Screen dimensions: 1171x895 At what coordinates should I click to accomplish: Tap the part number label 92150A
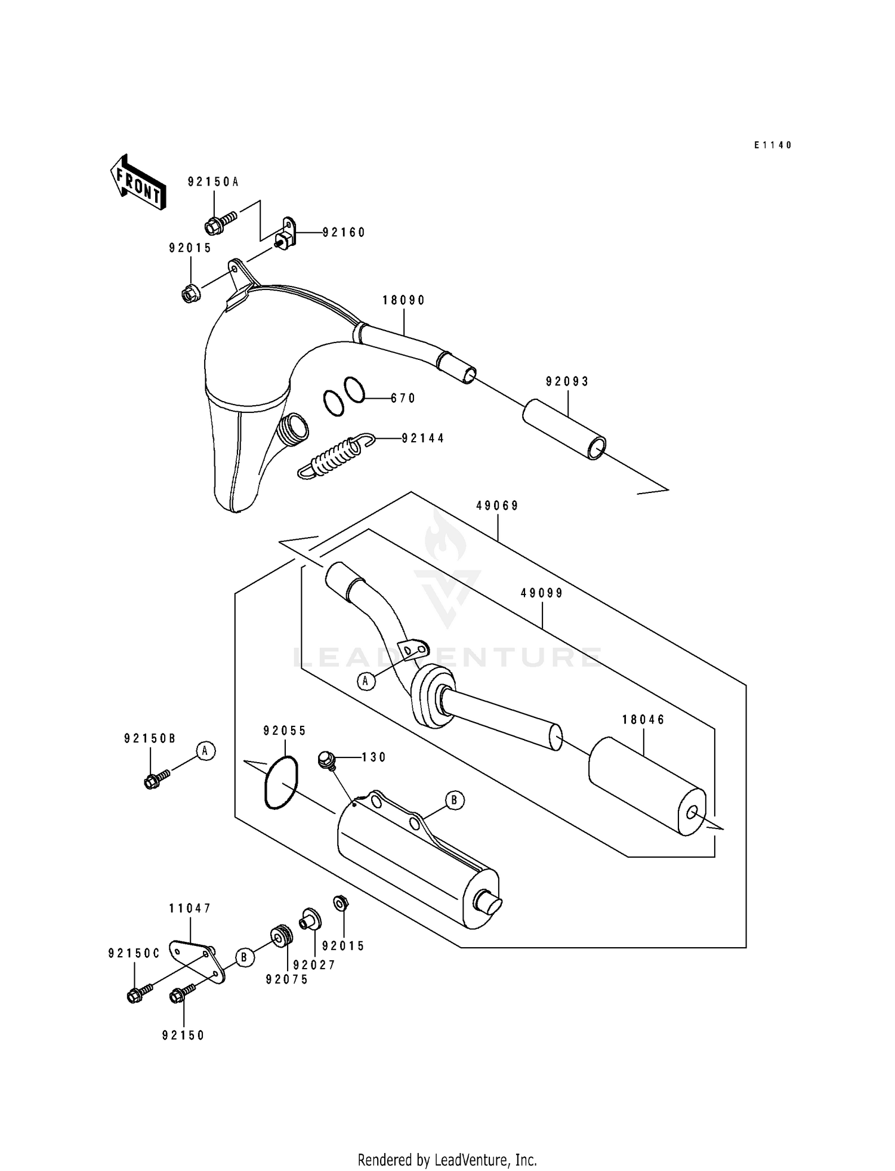click(213, 182)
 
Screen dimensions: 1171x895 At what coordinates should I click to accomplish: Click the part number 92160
click(344, 233)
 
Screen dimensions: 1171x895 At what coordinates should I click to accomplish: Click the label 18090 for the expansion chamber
click(404, 301)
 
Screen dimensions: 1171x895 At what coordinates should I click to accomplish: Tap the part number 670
click(403, 399)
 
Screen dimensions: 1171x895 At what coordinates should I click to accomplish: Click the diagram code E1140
click(772, 145)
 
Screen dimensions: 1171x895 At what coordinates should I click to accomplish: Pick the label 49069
click(497, 506)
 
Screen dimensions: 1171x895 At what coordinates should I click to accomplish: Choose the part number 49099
click(542, 593)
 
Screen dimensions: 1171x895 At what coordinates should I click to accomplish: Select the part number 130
click(374, 757)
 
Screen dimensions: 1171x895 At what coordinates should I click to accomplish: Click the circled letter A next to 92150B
click(205, 751)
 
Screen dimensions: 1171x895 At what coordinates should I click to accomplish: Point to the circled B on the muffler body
click(454, 800)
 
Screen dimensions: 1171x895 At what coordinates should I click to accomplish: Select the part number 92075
click(287, 979)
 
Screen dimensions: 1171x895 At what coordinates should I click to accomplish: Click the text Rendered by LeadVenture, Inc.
click(447, 1160)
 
